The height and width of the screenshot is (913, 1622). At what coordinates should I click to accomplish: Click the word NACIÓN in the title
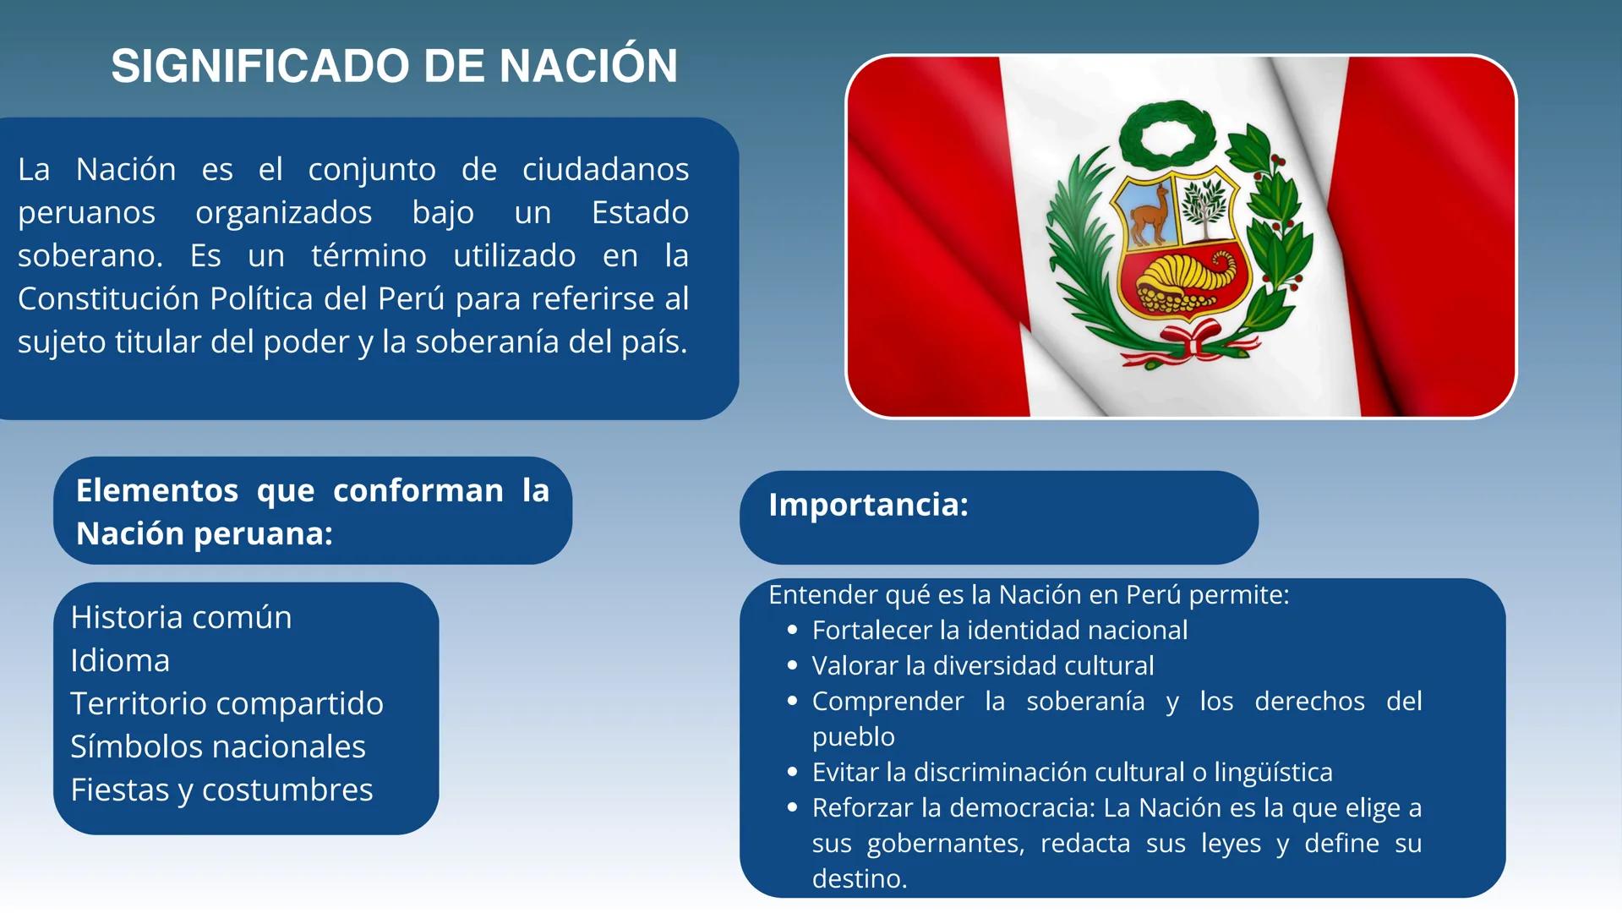[588, 66]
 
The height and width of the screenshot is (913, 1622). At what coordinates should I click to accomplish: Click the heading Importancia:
[868, 505]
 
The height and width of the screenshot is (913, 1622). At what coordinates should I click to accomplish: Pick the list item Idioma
[120, 660]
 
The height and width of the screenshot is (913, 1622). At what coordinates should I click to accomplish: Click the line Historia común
[181, 617]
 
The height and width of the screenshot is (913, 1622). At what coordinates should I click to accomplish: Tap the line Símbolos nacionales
[217, 746]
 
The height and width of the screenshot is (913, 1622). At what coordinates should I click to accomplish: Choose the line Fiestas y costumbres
[221, 790]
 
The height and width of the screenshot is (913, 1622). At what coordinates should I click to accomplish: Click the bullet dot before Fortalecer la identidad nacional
[792, 630]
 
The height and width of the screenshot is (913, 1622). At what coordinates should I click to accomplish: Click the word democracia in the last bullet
[1023, 807]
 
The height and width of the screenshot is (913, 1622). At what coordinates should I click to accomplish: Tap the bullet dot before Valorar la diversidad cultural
[792, 665]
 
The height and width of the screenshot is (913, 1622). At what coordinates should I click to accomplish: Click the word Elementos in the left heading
[157, 490]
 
